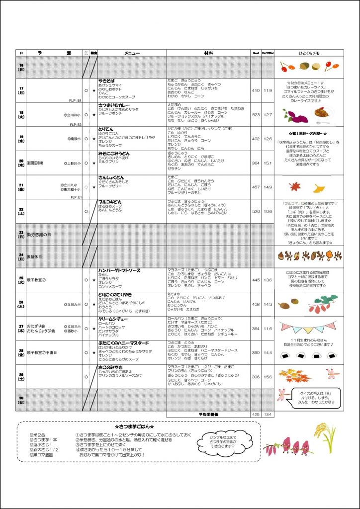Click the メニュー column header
[x=132, y=53]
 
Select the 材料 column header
[x=208, y=53]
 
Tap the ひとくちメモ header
[x=309, y=53]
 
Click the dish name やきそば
[x=107, y=80]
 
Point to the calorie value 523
[x=256, y=115]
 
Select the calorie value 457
[x=256, y=187]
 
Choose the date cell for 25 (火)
[x=21, y=280]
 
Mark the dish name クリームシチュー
[x=113, y=319]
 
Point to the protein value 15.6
[x=268, y=377]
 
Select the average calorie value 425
[x=256, y=414]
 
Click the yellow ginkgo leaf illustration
[x=319, y=188]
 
